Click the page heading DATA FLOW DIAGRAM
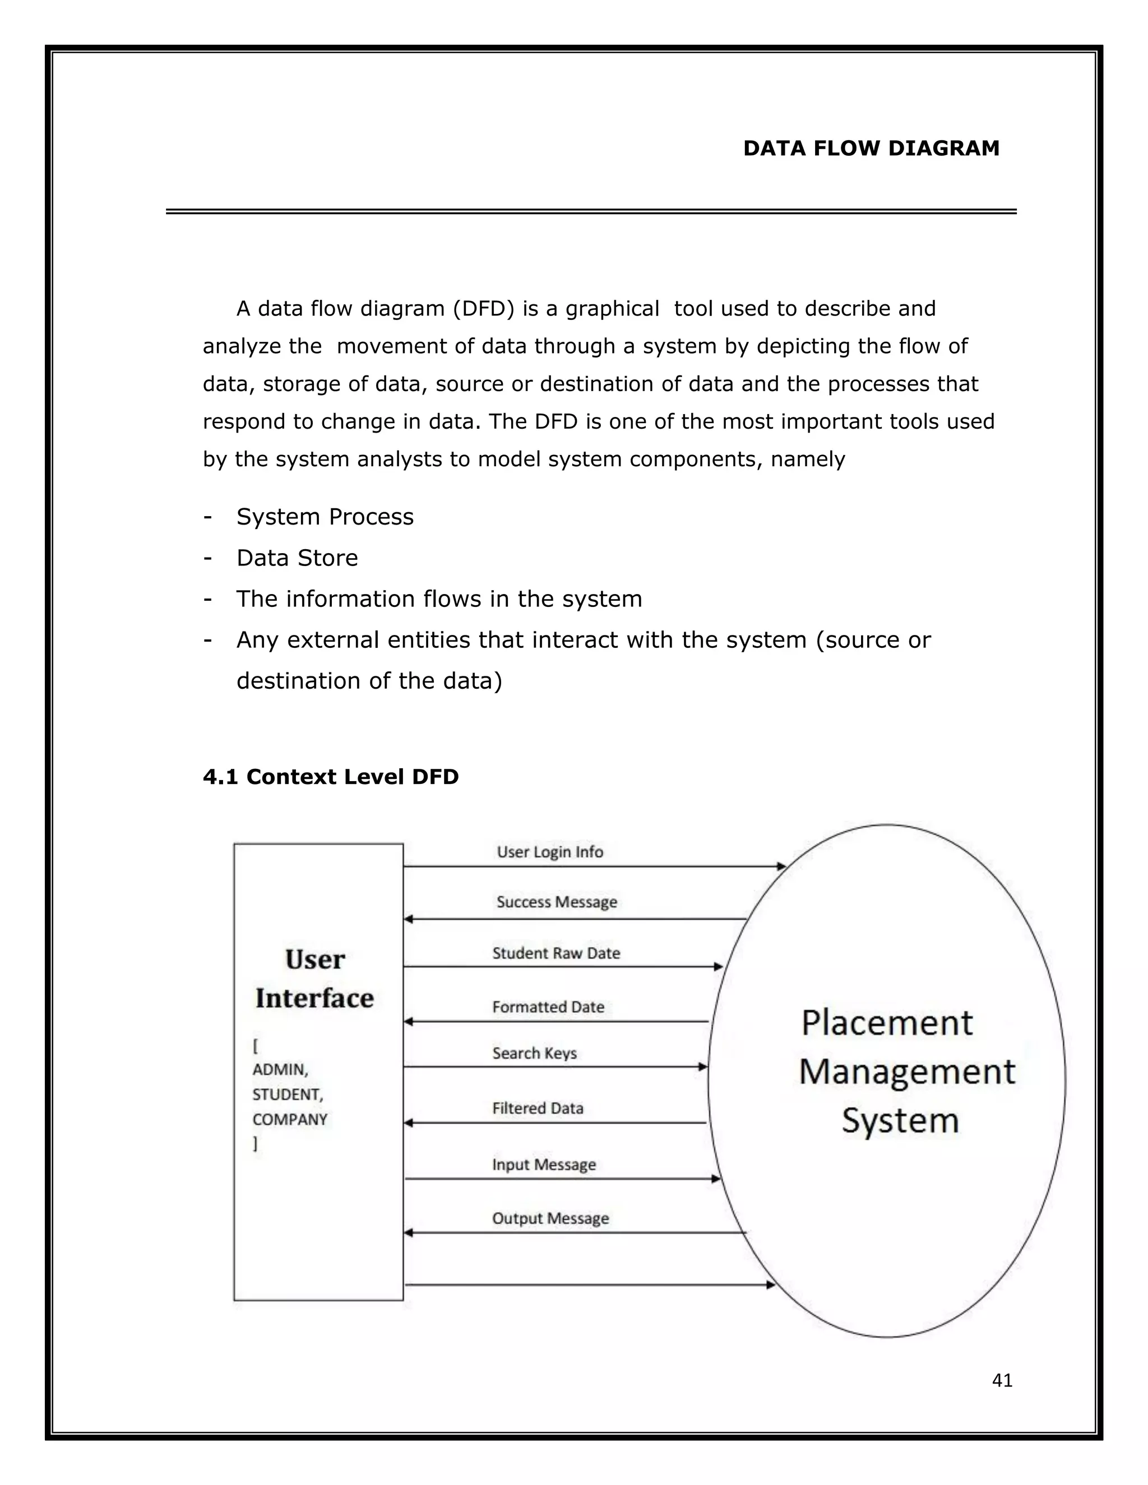pyautogui.click(x=871, y=148)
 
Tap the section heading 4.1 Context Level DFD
pyautogui.click(x=331, y=777)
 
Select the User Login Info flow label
pyautogui.click(x=549, y=852)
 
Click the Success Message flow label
pyautogui.click(x=556, y=902)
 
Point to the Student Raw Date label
pyautogui.click(x=556, y=953)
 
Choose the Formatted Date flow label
pyautogui.click(x=548, y=1007)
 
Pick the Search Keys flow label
pyautogui.click(x=535, y=1054)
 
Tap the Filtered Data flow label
pyautogui.click(x=537, y=1108)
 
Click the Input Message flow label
pyautogui.click(x=543, y=1165)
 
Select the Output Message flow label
pyautogui.click(x=550, y=1218)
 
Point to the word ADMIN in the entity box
pyautogui.click(x=280, y=1070)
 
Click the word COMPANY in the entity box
pyautogui.click(x=290, y=1119)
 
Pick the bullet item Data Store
pyautogui.click(x=297, y=558)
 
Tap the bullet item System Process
pyautogui.click(x=325, y=517)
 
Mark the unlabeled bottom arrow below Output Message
pyautogui.click(x=589, y=1284)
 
